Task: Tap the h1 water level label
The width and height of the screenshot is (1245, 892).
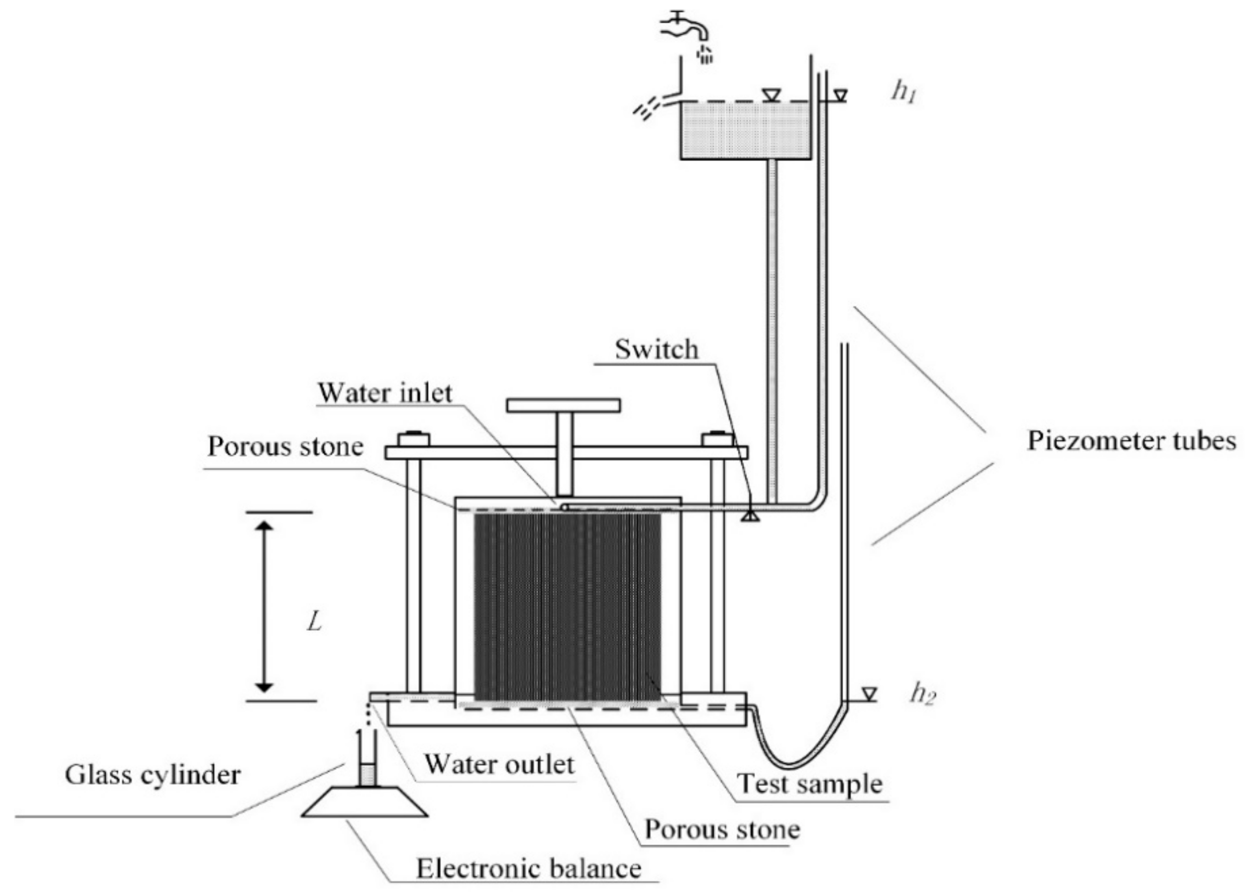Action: point(903,92)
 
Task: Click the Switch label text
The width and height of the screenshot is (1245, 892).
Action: point(656,349)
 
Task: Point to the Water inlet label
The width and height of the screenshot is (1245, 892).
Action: point(385,393)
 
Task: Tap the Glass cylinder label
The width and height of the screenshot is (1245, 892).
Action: point(153,775)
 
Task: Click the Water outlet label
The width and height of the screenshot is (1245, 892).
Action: point(500,764)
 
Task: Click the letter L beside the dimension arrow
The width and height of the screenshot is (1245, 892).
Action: point(314,622)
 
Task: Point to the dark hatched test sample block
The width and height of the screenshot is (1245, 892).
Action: point(568,606)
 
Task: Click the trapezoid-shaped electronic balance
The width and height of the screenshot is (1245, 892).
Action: point(364,803)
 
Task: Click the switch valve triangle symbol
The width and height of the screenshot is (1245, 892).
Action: point(750,516)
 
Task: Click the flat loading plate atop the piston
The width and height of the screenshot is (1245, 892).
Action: point(563,405)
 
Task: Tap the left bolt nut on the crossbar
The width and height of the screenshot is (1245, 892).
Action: point(414,439)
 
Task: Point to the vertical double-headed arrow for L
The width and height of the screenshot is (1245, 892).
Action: point(265,606)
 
